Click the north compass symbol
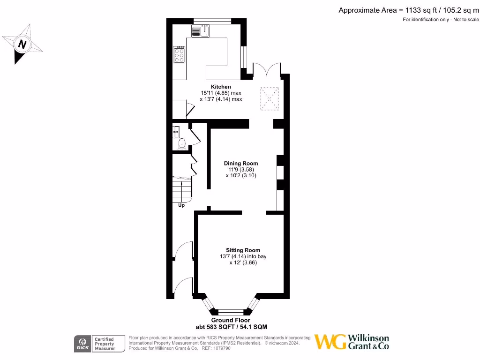click(22, 44)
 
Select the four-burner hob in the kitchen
click(179, 54)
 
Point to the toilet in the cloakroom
click(182, 143)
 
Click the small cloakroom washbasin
click(176, 132)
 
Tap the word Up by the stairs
click(181, 205)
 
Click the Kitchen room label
click(221, 87)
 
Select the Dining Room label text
click(240, 163)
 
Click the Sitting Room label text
click(243, 250)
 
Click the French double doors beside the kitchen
click(267, 69)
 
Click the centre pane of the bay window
click(230, 311)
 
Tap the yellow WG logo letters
click(330, 342)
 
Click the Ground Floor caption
click(231, 320)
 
